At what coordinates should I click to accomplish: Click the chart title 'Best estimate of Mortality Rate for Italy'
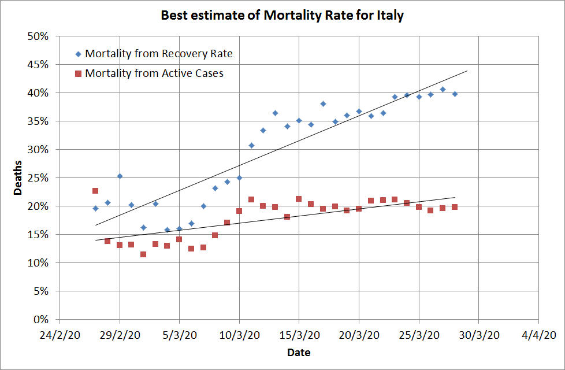282,16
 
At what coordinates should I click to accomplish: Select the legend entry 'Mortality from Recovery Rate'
159,54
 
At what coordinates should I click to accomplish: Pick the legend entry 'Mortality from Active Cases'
154,73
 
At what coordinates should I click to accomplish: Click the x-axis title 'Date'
299,352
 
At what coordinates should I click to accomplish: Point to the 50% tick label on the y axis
40,36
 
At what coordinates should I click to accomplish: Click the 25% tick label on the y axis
40,177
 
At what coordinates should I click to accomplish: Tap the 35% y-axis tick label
40,121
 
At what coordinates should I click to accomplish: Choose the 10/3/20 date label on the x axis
239,335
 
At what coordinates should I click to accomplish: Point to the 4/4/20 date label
538,335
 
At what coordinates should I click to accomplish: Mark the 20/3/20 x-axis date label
359,335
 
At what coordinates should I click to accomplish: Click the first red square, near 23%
95,191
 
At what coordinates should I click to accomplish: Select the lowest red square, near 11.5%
143,254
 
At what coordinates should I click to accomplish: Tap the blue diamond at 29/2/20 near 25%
120,176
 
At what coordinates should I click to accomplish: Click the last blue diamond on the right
455,94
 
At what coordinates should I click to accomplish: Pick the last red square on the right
455,207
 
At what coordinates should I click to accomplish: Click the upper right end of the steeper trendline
467,71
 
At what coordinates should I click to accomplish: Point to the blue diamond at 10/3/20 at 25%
239,178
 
